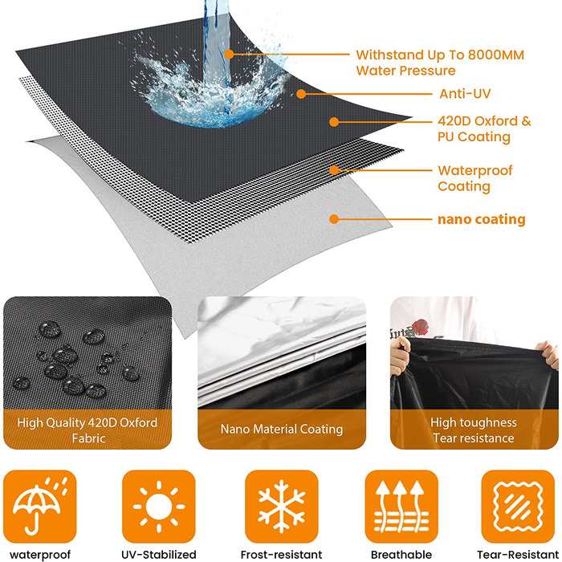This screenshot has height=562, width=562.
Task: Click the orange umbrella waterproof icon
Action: [40, 507]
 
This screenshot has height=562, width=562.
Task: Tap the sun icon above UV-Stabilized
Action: [159, 507]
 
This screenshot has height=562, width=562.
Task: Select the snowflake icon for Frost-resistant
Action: [281, 507]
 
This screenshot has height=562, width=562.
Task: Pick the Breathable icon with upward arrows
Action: [401, 507]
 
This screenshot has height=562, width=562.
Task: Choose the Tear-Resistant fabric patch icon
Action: [518, 507]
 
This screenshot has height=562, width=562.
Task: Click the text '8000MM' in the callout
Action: [496, 55]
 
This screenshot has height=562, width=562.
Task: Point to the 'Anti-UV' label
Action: [465, 94]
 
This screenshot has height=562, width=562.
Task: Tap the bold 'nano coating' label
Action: [482, 219]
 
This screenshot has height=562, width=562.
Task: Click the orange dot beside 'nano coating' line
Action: [334, 219]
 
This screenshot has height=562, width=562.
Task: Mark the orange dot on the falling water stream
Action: [229, 55]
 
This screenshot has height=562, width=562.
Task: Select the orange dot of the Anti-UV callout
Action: [301, 94]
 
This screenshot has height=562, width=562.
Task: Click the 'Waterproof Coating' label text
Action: [475, 178]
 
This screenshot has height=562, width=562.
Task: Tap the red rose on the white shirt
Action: [420, 327]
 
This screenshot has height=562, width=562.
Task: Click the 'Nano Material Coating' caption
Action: [282, 429]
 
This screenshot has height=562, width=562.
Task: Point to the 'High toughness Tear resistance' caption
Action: [474, 430]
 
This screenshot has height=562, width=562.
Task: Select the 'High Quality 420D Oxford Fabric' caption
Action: [88, 430]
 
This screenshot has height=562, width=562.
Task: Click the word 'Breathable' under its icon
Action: [401, 555]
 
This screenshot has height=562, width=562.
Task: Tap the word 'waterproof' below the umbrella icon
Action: [40, 556]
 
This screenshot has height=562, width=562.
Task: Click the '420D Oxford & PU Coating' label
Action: [484, 129]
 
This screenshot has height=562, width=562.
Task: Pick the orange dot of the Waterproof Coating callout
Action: [334, 170]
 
